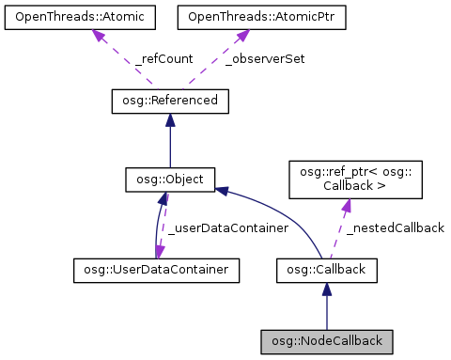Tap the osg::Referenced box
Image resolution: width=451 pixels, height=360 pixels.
169,100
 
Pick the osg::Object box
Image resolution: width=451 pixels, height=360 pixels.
171,178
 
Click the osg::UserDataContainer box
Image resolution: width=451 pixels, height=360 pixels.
156,271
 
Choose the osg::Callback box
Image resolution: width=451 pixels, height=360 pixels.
326,271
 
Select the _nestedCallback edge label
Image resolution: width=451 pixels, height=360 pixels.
395,227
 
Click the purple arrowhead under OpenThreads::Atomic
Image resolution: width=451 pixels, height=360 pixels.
98,35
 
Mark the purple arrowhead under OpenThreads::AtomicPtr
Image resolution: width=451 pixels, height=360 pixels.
241,35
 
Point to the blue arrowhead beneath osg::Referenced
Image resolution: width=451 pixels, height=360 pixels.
169,118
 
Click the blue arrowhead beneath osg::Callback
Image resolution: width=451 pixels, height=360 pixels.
326,290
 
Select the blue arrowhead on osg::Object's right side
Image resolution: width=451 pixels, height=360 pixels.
223,191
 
